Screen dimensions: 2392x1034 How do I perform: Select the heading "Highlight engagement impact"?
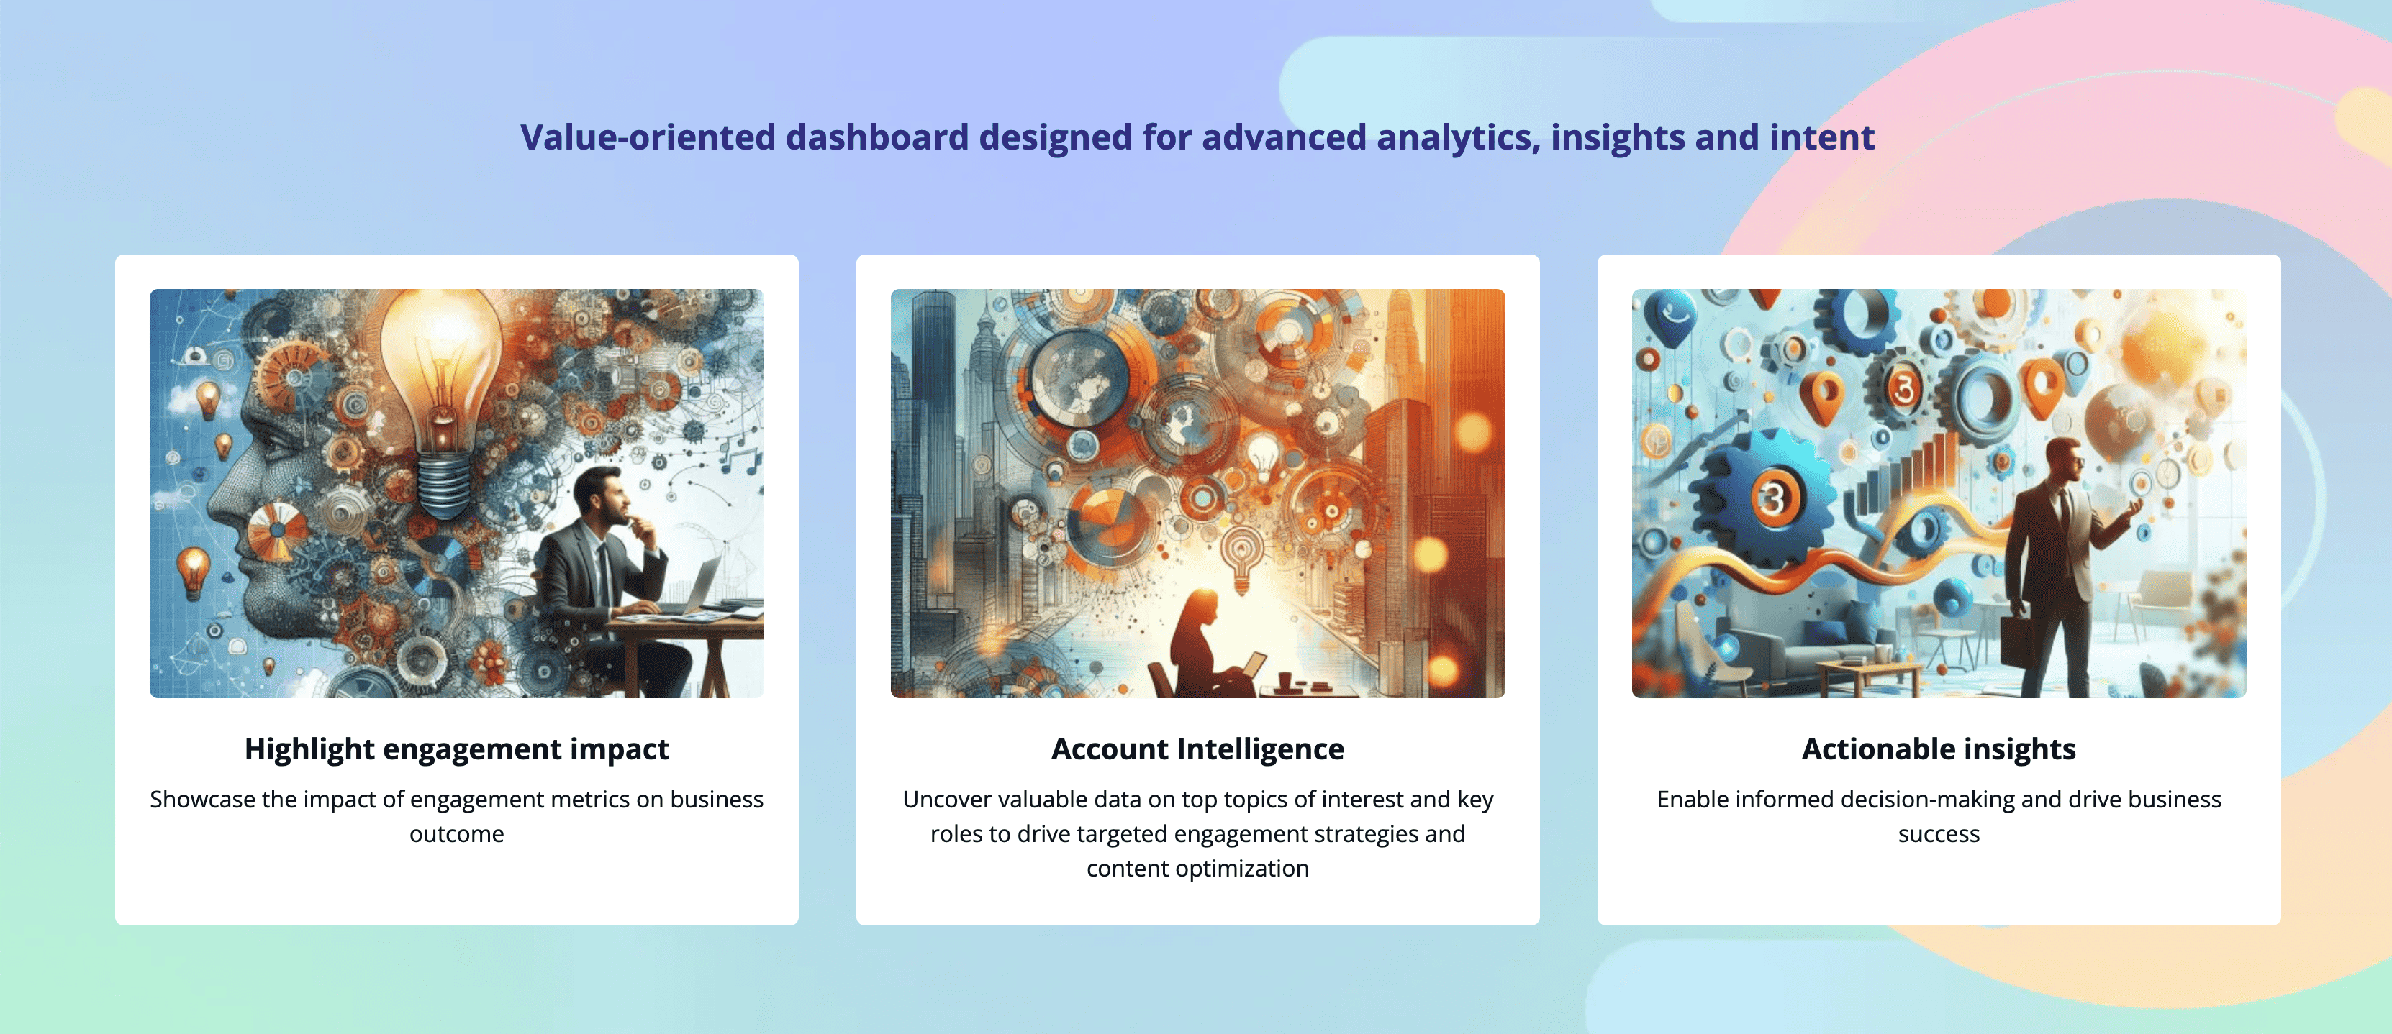click(x=457, y=749)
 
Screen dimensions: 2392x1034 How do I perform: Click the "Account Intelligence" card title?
click(x=1198, y=749)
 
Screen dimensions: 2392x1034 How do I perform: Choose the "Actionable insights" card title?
click(x=1939, y=749)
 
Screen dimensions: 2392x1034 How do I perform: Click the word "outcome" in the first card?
click(x=457, y=834)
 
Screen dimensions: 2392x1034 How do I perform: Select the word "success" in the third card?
click(x=1939, y=834)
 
